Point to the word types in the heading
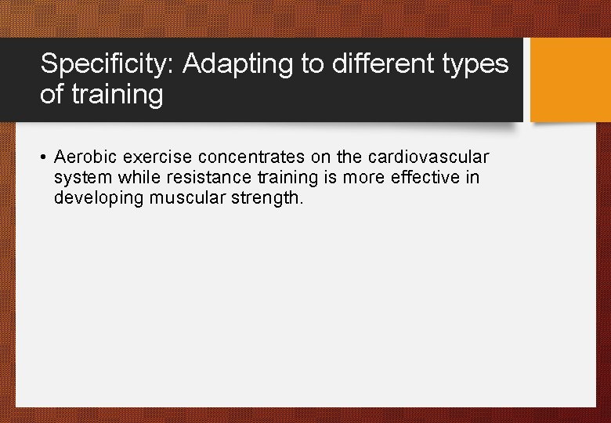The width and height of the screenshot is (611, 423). pos(479,65)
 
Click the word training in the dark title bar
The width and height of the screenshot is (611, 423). pos(116,96)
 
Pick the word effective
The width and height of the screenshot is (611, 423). pos(420,178)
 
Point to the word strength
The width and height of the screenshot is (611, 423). pos(264,199)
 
